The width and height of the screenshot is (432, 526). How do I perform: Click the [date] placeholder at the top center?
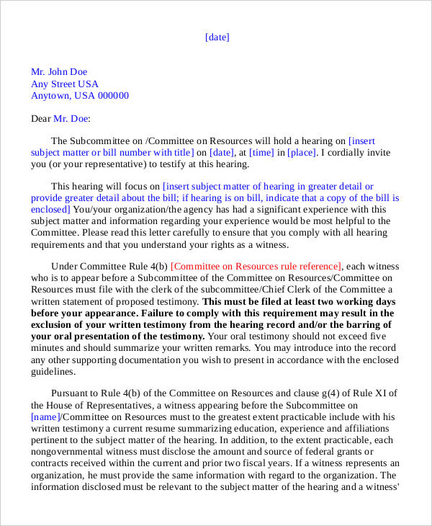click(217, 37)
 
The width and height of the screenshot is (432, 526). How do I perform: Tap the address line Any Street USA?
click(64, 84)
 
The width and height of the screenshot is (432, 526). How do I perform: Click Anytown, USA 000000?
click(79, 96)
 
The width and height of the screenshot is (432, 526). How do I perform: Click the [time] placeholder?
click(261, 153)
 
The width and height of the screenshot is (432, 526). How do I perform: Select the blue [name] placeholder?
click(45, 416)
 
